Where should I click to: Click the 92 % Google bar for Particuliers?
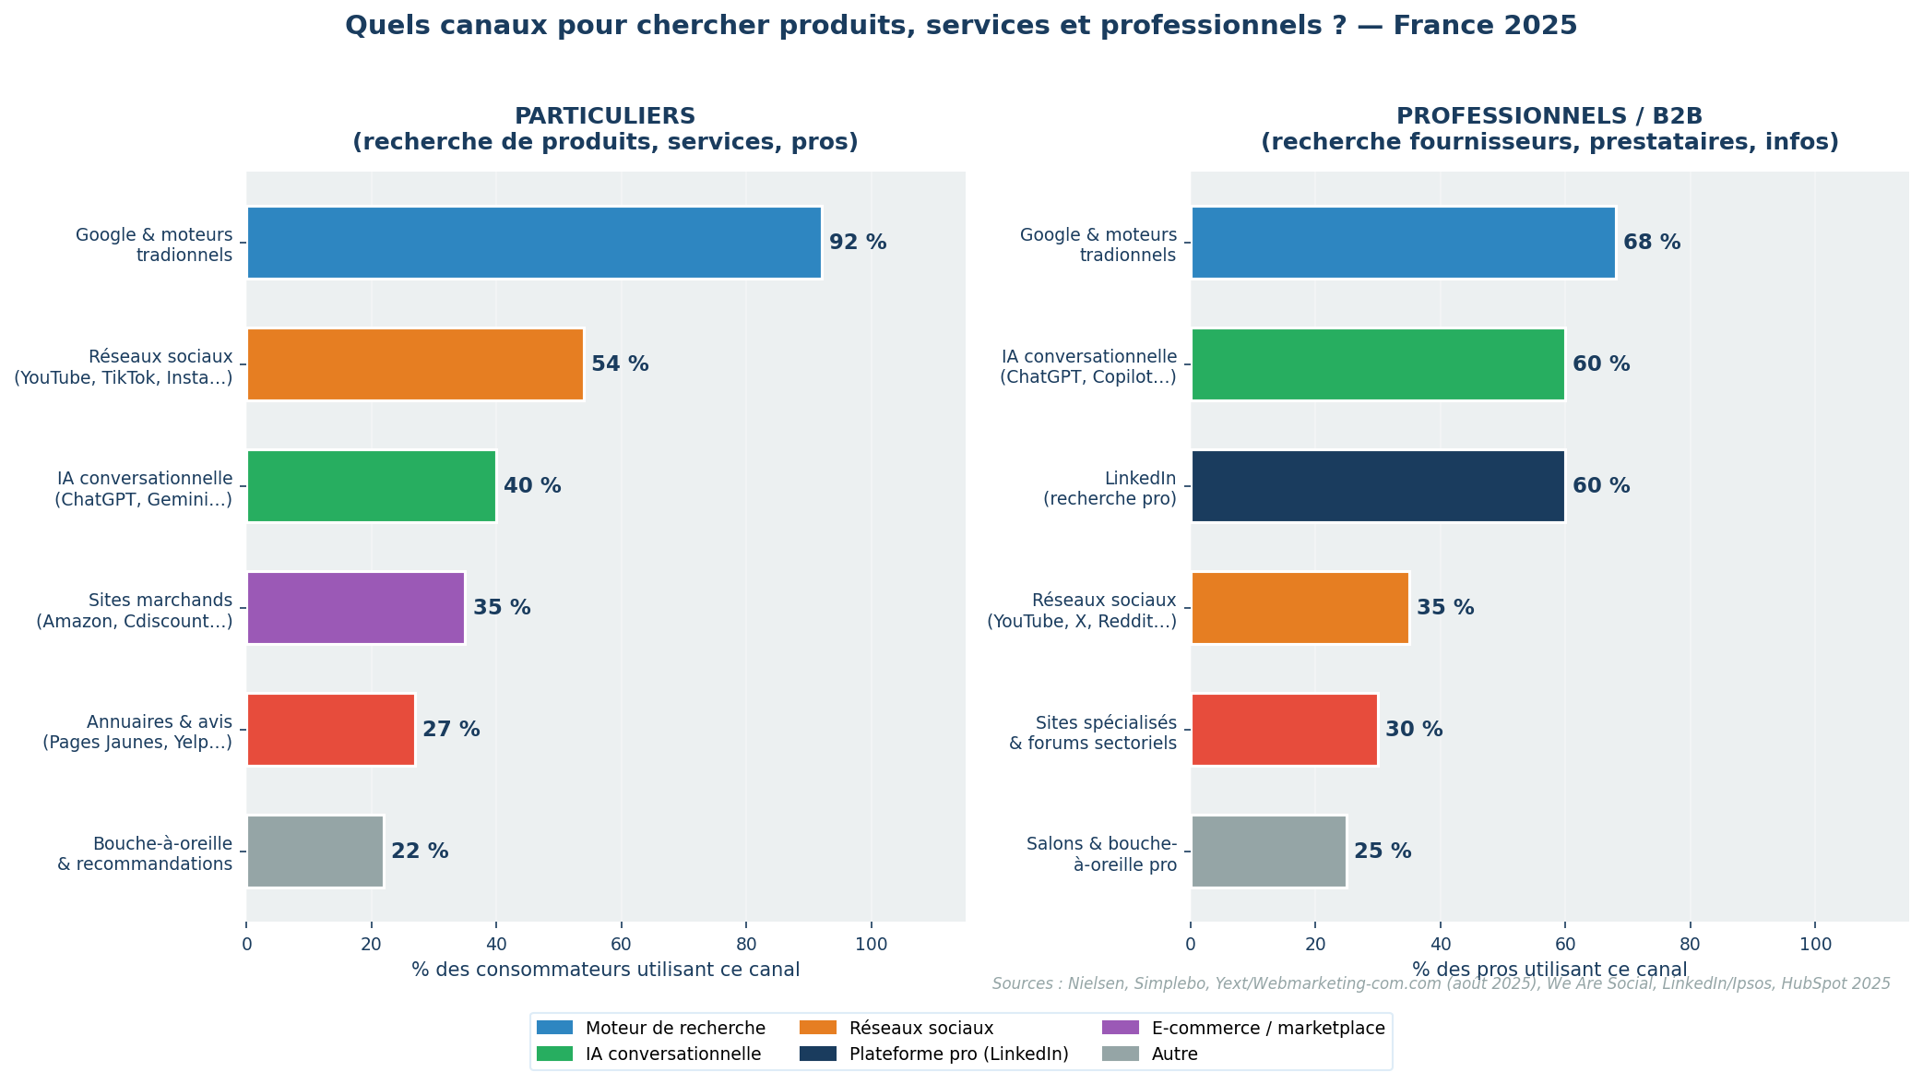click(533, 243)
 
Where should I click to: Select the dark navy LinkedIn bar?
click(1378, 486)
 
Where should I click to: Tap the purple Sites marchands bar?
click(355, 608)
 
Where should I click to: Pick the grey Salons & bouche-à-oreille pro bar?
click(1268, 852)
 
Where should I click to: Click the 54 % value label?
click(620, 364)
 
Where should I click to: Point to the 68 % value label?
click(1652, 243)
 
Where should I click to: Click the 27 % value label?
click(451, 730)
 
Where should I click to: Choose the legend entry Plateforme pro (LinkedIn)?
click(958, 1054)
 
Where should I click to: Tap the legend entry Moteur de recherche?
click(675, 1028)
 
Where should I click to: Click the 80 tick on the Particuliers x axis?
click(746, 945)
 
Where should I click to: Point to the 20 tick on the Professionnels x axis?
click(1315, 945)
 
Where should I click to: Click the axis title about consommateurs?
click(605, 970)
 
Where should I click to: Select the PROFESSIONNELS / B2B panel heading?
click(1549, 117)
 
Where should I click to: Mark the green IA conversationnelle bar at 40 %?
click(371, 486)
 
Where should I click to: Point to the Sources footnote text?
click(1441, 984)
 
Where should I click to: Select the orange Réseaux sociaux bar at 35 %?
click(1300, 608)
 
